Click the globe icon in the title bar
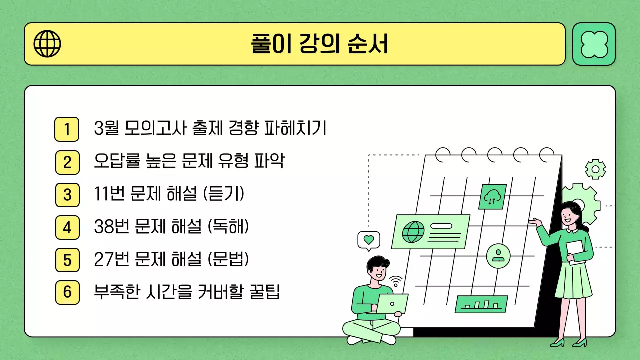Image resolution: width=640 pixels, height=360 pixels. pyautogui.click(x=47, y=44)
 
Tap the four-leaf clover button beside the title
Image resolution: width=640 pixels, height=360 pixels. pyautogui.click(x=594, y=44)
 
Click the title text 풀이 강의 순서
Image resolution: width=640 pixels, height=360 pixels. pyautogui.click(x=319, y=44)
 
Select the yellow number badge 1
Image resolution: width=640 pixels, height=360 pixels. pyautogui.click(x=67, y=129)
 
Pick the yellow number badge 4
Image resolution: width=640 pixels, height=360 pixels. pyautogui.click(x=67, y=227)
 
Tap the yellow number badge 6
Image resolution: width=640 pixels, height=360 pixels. pyautogui.click(x=67, y=292)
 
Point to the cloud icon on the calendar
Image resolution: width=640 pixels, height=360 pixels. pyautogui.click(x=492, y=197)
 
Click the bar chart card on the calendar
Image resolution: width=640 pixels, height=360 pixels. pyautogui.click(x=481, y=304)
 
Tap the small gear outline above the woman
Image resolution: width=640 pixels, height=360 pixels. pyautogui.click(x=595, y=169)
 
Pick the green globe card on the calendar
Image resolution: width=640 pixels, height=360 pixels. pyautogui.click(x=430, y=231)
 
